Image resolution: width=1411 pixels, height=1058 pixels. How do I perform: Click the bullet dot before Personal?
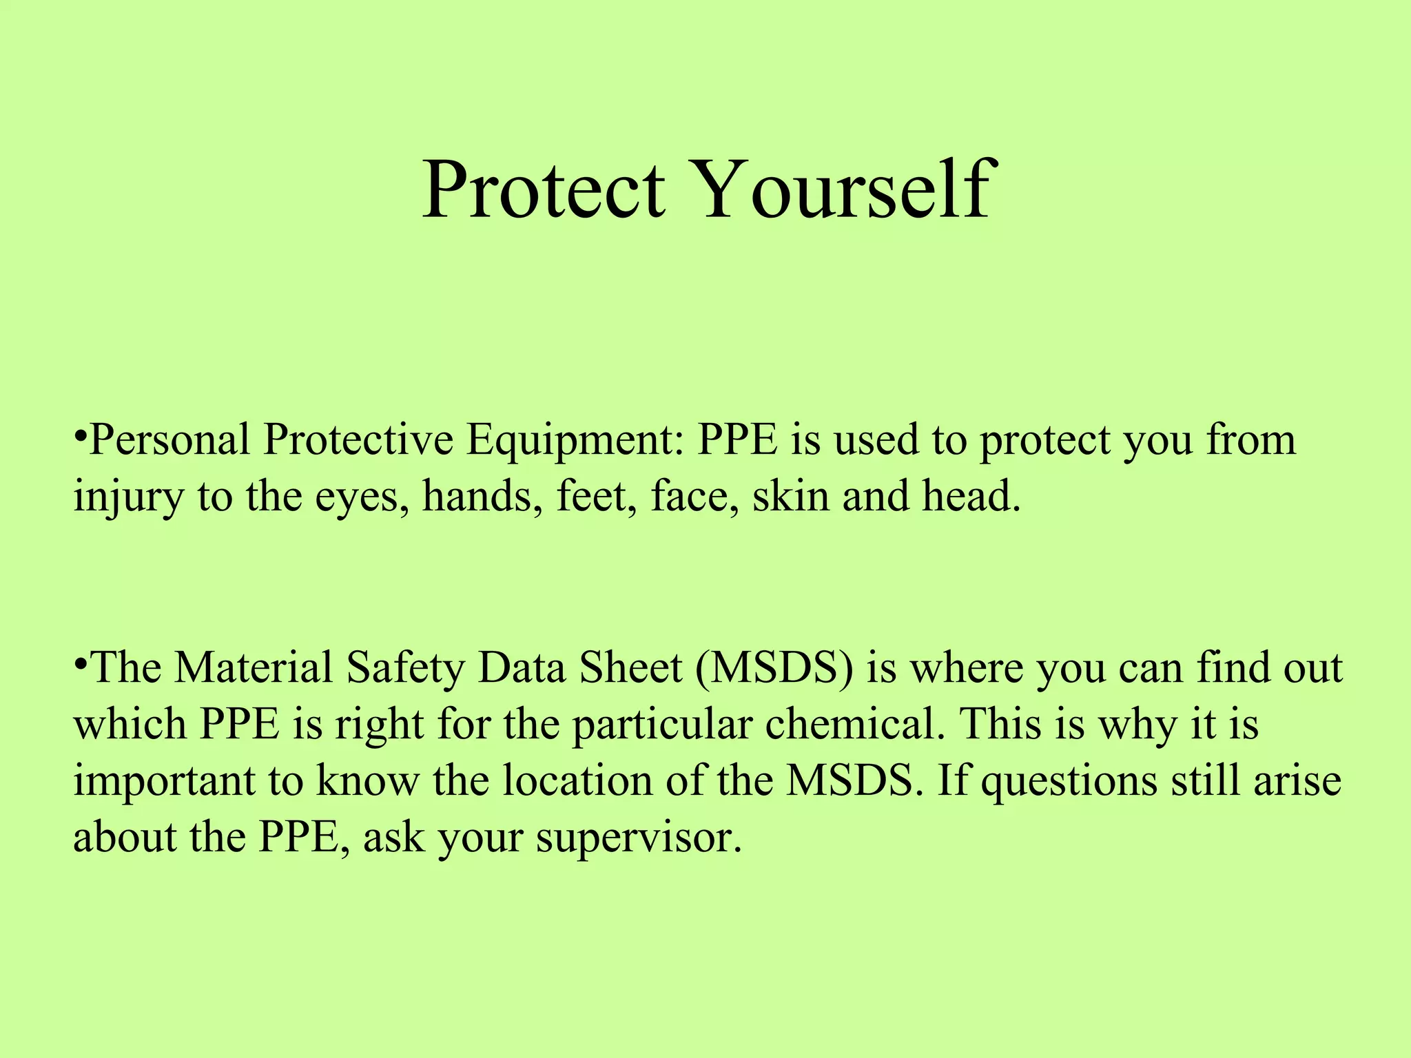[x=81, y=435]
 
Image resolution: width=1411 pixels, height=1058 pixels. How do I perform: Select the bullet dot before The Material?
[x=81, y=663]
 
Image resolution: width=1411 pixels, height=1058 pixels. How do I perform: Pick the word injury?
[x=128, y=497]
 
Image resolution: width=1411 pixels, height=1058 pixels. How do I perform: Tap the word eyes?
[x=358, y=497]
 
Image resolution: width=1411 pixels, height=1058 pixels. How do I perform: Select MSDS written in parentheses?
[x=775, y=668]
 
